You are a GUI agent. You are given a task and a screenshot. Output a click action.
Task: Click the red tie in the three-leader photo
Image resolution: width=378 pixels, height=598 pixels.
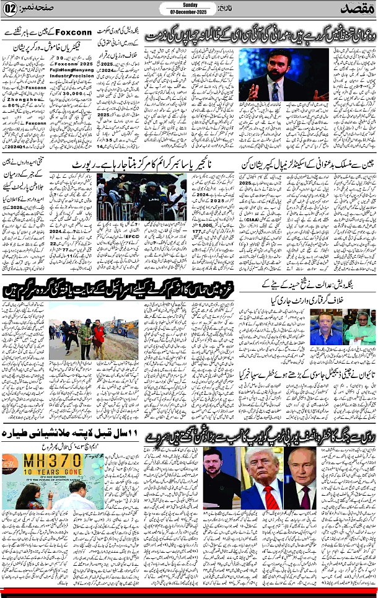[268, 496]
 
